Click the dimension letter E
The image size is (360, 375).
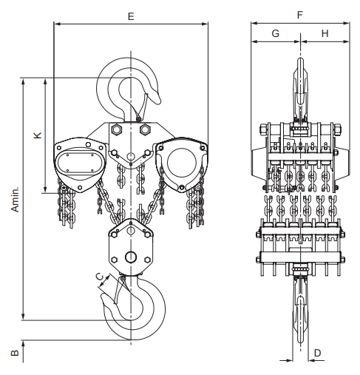coord(131,16)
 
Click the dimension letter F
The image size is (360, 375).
coord(299,15)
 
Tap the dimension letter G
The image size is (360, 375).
coord(276,33)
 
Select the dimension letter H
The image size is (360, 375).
coord(325,33)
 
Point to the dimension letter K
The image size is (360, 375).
coord(38,135)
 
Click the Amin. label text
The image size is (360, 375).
coord(15,199)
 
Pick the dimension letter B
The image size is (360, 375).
coord(15,353)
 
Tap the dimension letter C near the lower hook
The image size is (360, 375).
coord(100,277)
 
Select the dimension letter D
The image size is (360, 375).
coord(317,353)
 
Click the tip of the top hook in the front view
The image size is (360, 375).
coord(158,101)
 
